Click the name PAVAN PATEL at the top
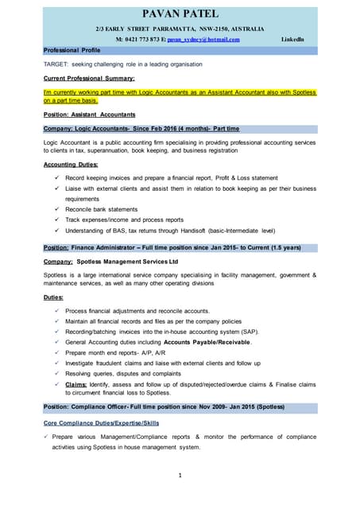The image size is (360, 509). point(180,14)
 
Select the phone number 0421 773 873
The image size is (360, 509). point(142,39)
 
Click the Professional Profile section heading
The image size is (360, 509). point(72,49)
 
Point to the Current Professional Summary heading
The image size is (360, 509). point(88,78)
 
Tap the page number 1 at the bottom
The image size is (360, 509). point(180,476)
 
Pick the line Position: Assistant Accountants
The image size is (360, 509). point(89,115)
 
